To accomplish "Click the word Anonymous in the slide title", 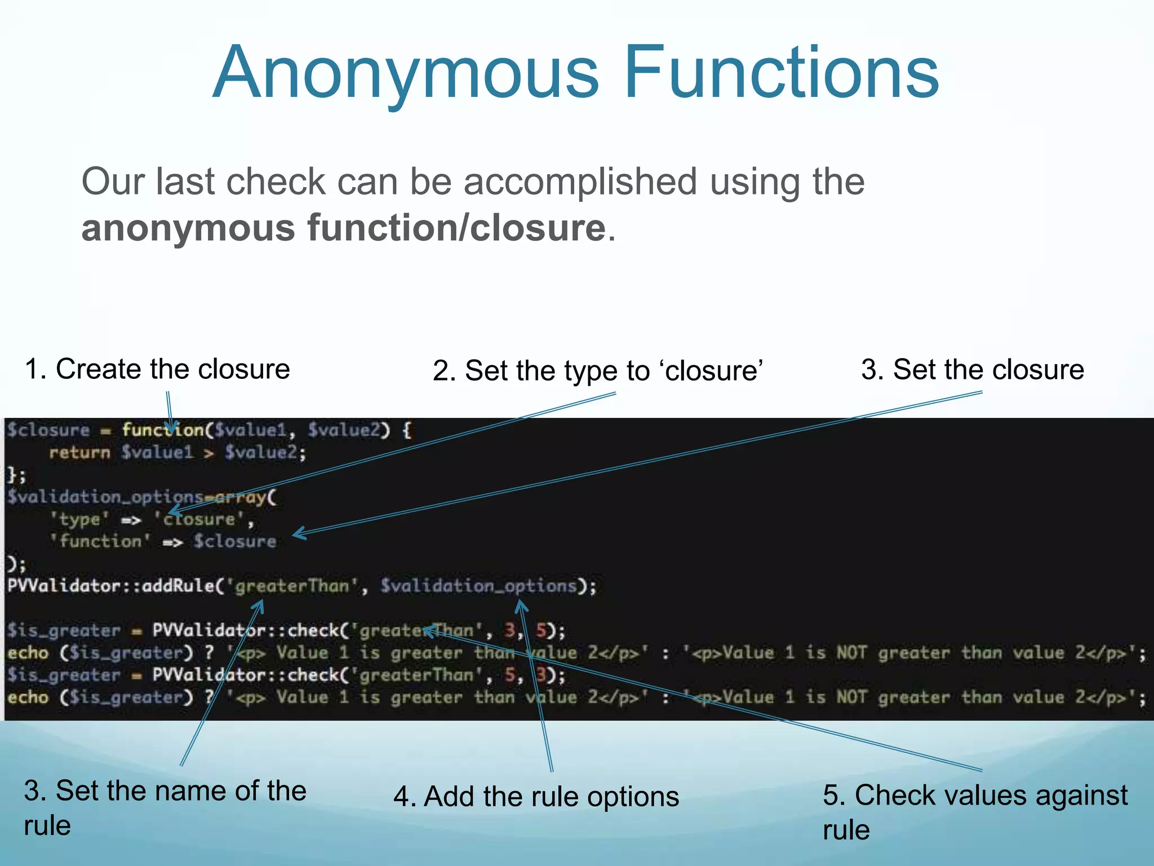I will coord(406,73).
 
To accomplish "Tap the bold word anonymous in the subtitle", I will coord(188,228).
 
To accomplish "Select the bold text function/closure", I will coord(456,228).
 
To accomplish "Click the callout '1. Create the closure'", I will coord(157,369).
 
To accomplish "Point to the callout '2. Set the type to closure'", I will coord(597,371).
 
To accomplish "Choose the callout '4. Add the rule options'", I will coord(536,797).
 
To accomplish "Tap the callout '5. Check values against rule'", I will coord(974,812).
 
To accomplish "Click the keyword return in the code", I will coord(79,452).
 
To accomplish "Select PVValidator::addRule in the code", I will coord(110,586).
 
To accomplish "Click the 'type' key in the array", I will coord(79,519).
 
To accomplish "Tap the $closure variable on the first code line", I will coord(48,430).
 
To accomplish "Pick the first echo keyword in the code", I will coord(28,653).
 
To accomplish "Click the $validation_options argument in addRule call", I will coord(478,586).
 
